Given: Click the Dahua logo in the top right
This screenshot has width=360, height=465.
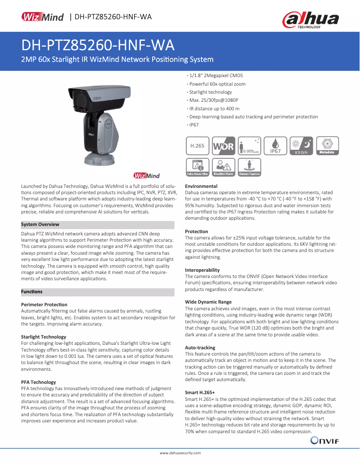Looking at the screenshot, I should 310,20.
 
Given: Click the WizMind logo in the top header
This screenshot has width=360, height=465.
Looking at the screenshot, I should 43,17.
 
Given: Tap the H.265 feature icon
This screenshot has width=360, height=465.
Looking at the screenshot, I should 198,146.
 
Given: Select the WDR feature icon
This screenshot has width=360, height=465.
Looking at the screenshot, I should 224,146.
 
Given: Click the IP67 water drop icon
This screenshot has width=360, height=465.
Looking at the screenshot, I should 275,146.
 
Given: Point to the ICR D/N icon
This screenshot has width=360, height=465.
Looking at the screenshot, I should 301,146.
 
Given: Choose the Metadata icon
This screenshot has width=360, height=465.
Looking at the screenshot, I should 327,146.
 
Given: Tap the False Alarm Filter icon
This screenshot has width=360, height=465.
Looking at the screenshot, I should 198,167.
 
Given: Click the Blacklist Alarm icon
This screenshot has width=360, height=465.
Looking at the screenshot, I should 224,167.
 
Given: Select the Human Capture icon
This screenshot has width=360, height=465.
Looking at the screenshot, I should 250,167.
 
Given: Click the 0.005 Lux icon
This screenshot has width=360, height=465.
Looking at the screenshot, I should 250,146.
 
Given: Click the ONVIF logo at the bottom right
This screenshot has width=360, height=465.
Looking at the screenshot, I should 325,441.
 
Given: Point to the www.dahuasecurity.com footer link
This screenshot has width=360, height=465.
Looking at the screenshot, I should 180,453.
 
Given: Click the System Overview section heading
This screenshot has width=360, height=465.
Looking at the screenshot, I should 40,225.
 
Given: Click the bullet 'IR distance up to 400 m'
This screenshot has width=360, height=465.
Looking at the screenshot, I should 214,109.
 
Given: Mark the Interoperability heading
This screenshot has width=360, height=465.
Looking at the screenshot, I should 202,270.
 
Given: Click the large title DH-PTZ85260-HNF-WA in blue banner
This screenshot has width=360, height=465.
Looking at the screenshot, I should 98,46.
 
